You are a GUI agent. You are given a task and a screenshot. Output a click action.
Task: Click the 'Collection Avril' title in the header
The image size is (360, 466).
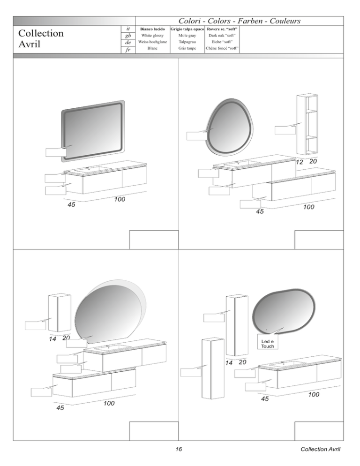41,38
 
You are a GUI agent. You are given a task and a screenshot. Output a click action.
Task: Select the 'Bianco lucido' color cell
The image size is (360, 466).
152,29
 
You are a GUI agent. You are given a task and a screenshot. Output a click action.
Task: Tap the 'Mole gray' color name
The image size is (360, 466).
187,35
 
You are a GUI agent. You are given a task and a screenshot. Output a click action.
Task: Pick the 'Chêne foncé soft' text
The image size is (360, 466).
222,48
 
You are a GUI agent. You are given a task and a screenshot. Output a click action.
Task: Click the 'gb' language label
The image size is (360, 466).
128,35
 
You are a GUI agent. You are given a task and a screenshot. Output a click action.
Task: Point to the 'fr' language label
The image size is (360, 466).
128,50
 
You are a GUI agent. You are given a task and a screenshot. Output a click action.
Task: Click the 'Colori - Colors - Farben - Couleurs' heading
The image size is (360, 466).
240,21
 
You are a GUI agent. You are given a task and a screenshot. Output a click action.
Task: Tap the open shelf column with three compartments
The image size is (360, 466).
307,124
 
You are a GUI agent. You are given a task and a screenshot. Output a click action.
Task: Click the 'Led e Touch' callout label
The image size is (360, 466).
268,344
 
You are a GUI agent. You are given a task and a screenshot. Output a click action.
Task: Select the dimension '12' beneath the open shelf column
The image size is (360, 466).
300,162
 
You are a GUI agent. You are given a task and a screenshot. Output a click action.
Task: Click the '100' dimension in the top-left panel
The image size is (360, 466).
120,199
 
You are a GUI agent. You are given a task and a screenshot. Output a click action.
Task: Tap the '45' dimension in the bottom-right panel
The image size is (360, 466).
265,398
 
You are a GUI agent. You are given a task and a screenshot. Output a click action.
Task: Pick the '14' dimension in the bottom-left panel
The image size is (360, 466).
52,339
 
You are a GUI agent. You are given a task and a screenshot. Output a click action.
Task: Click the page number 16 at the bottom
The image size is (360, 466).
179,449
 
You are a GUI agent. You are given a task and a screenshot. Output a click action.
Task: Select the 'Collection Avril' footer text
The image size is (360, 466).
320,449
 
